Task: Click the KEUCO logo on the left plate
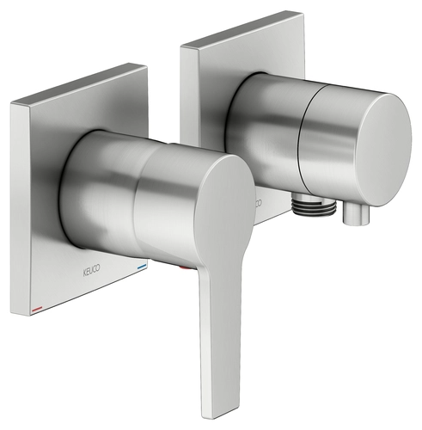92,270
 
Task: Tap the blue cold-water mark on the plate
142,267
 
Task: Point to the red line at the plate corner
37,309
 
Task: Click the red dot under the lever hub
184,268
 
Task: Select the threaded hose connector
314,204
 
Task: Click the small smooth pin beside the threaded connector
355,214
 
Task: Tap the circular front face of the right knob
384,149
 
